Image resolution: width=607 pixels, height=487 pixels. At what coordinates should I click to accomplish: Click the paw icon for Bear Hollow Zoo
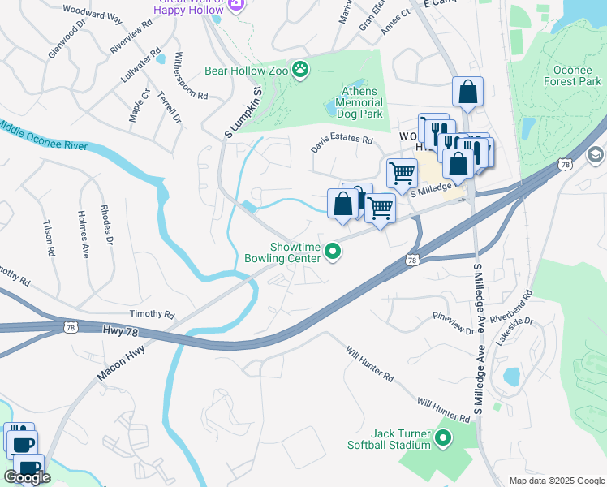pyautogui.click(x=301, y=71)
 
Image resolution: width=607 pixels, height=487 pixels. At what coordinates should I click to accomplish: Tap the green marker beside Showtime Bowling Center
pyautogui.click(x=332, y=253)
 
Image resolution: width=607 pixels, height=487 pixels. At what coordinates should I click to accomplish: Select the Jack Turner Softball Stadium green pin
pyautogui.click(x=442, y=440)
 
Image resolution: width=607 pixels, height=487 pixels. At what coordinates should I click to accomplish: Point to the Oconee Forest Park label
pyautogui.click(x=572, y=75)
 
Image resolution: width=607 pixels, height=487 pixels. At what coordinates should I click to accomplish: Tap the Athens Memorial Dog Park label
pyautogui.click(x=355, y=103)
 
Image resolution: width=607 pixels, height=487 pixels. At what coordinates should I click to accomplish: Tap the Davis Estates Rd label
pyautogui.click(x=342, y=144)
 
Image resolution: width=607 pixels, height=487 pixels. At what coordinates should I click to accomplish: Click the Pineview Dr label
pyautogui.click(x=453, y=321)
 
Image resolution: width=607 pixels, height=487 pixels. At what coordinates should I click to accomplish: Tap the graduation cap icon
pyautogui.click(x=596, y=154)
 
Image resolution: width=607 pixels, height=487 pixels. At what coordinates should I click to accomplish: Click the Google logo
pyautogui.click(x=27, y=477)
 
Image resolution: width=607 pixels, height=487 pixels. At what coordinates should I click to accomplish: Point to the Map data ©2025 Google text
pyautogui.click(x=557, y=481)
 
